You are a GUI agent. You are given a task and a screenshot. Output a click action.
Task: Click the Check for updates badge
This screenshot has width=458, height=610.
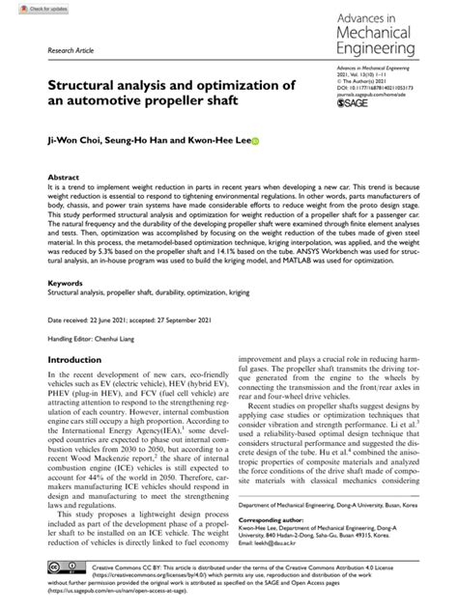point(28,8)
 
